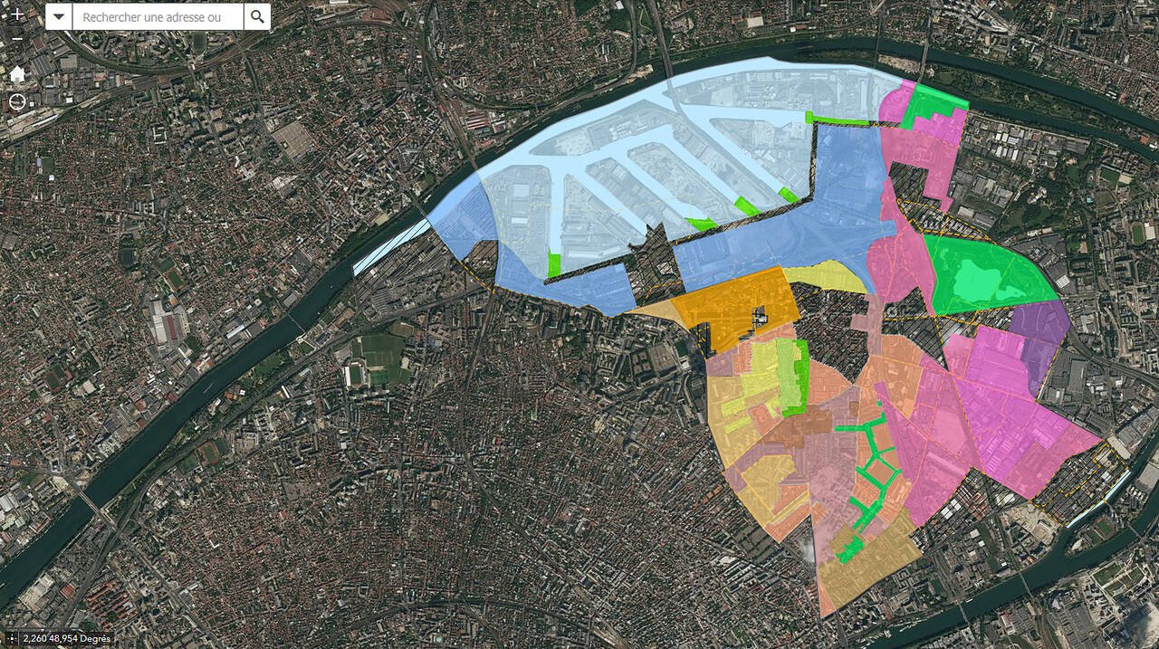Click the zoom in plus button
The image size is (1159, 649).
coord(17,15)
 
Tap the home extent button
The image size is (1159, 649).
coord(17,73)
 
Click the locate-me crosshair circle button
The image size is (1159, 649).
coord(17,100)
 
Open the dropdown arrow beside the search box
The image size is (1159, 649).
coord(59,16)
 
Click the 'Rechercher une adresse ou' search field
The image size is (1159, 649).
coord(158,16)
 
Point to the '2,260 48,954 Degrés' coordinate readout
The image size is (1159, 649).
coord(67,639)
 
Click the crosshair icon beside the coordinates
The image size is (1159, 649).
coord(12,639)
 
